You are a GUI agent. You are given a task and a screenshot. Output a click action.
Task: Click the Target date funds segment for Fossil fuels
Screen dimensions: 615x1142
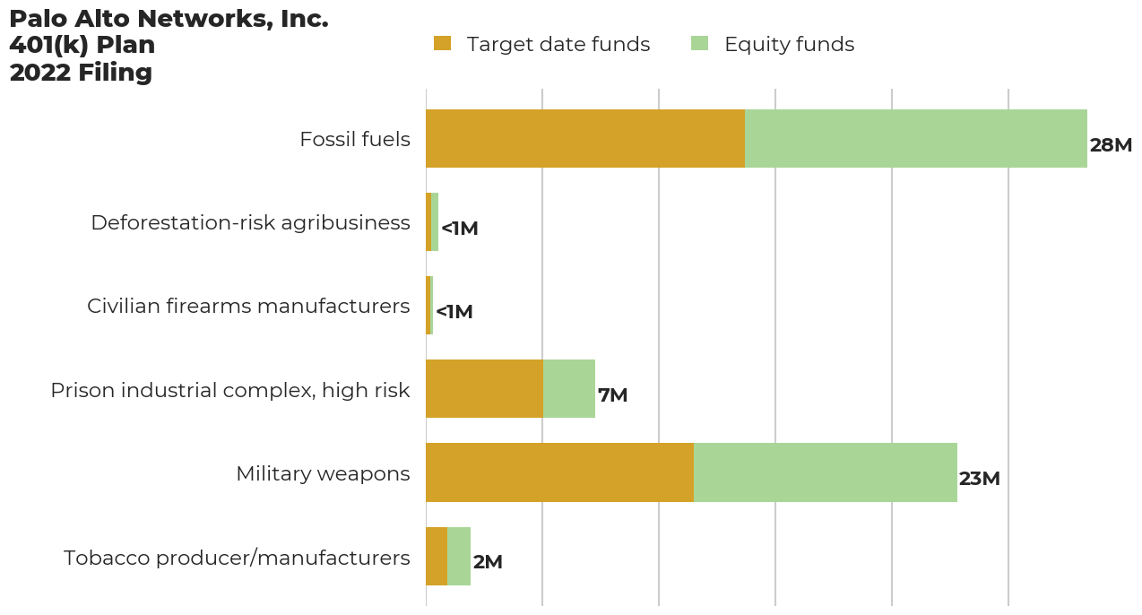tap(584, 139)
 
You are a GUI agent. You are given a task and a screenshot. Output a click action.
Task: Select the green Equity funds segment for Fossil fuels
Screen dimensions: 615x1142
tap(915, 139)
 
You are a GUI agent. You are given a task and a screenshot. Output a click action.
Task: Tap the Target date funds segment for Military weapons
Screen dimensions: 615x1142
tap(559, 472)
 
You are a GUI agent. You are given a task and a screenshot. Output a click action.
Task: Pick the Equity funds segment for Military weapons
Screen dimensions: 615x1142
tap(825, 472)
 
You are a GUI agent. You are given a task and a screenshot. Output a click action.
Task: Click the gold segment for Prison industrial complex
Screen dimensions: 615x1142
tap(484, 389)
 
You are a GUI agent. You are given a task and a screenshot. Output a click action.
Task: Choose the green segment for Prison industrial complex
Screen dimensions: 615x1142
tap(569, 389)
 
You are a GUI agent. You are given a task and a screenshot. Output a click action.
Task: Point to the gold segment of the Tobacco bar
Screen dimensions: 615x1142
tap(437, 556)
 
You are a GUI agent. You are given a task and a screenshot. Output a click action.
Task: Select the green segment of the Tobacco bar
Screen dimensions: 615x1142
tap(459, 556)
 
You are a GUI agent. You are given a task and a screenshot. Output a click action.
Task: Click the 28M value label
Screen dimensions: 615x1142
tap(1111, 145)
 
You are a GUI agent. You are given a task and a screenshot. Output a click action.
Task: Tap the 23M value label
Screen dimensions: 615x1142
tap(979, 479)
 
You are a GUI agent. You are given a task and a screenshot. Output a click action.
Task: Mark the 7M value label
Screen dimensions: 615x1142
tap(612, 395)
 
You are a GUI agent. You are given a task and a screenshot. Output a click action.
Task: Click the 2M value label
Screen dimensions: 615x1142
tap(488, 562)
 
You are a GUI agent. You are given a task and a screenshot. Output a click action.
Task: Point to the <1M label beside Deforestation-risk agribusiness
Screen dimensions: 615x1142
tap(459, 229)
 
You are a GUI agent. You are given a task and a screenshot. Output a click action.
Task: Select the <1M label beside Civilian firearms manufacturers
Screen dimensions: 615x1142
tap(454, 312)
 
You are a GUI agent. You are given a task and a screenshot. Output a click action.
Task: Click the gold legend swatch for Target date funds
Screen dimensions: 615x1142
tap(442, 43)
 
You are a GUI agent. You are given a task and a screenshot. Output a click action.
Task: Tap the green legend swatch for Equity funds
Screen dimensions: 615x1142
tap(699, 43)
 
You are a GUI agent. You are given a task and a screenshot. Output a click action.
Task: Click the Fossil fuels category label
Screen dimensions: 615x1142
tap(354, 140)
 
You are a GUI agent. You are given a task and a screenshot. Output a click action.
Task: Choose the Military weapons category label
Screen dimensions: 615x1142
tap(323, 473)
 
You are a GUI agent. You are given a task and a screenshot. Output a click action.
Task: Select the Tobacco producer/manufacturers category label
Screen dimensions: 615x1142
tap(237, 558)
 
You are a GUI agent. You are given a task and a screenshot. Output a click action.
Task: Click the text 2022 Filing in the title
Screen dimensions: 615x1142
tap(81, 73)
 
